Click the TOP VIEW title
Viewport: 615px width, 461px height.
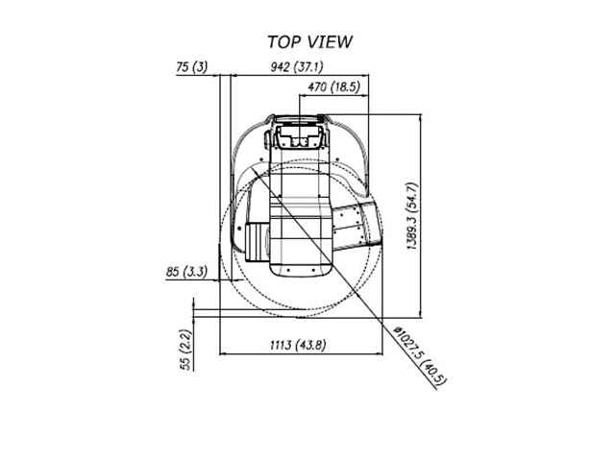[x=309, y=42]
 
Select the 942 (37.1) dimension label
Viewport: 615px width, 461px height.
[x=297, y=67]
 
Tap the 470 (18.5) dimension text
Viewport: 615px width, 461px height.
[x=333, y=86]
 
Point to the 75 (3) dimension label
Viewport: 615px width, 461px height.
[x=191, y=67]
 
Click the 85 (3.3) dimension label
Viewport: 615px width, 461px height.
[x=186, y=272]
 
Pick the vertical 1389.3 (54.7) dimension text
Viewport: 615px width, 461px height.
[x=412, y=216]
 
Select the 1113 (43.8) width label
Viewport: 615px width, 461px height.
[x=298, y=346]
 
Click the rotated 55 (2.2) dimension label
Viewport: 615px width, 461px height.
[x=185, y=350]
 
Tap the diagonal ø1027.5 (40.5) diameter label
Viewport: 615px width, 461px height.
[x=421, y=356]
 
